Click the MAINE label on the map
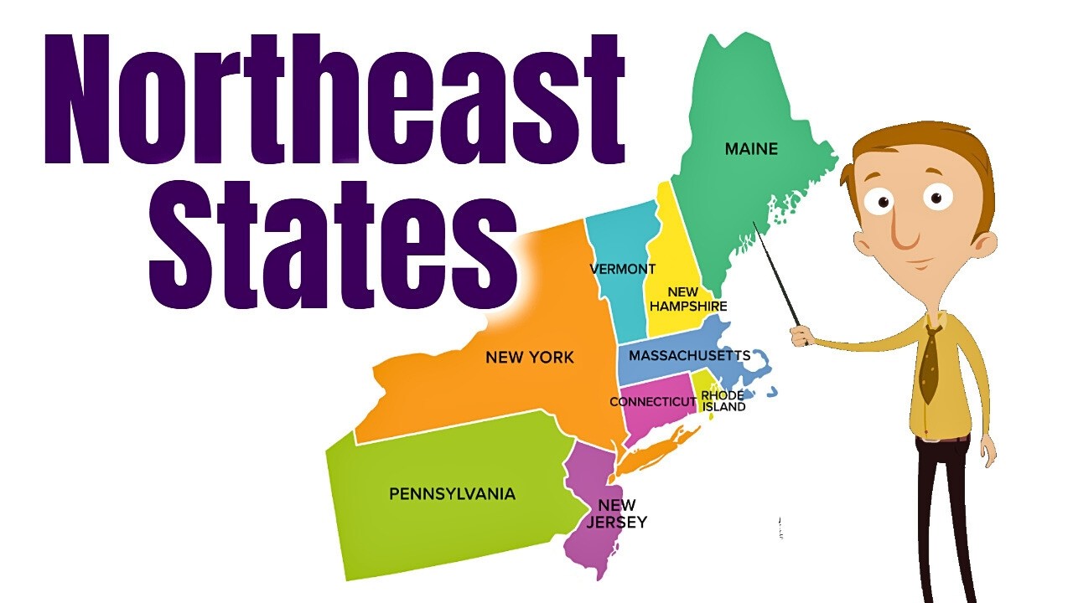(x=751, y=149)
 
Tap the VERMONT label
(x=622, y=269)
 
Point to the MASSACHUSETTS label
(x=689, y=355)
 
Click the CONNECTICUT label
(x=652, y=402)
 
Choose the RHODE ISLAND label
(x=723, y=401)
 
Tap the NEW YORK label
(x=530, y=358)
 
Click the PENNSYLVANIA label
(x=452, y=493)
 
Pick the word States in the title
(x=331, y=243)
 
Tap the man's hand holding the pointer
(x=802, y=335)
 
